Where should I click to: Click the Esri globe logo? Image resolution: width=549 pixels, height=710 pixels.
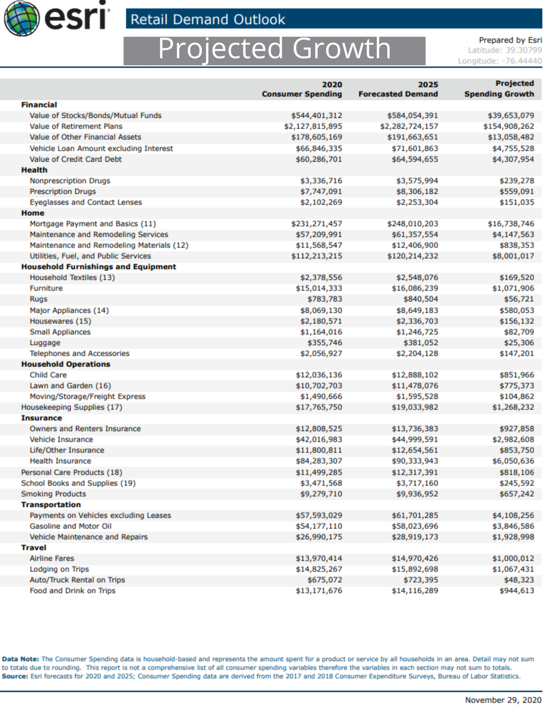click(21, 18)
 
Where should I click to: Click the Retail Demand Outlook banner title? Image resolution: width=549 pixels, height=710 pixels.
click(208, 19)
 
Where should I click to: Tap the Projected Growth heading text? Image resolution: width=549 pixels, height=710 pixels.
click(274, 49)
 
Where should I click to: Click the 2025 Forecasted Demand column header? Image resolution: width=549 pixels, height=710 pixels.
click(398, 89)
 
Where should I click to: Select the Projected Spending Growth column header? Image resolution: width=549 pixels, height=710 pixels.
click(499, 89)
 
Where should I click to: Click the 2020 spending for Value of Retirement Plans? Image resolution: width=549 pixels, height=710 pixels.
click(313, 126)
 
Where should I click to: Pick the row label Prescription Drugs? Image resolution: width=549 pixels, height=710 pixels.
click(63, 192)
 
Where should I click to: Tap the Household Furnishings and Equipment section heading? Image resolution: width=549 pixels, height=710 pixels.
click(98, 267)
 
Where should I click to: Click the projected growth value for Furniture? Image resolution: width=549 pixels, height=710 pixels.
click(513, 289)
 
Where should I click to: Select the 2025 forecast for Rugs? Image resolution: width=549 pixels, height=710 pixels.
click(420, 299)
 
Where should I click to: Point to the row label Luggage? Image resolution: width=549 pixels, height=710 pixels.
click(45, 343)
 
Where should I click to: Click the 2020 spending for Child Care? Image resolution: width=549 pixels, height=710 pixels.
click(319, 375)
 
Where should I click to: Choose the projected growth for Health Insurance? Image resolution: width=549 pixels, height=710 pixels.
click(513, 461)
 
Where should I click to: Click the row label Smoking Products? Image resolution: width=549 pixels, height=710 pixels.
click(54, 494)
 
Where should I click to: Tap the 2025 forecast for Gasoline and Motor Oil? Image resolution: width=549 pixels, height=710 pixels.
click(415, 526)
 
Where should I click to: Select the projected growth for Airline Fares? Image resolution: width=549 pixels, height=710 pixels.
click(513, 559)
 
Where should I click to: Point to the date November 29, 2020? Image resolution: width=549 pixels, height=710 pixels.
click(503, 700)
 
